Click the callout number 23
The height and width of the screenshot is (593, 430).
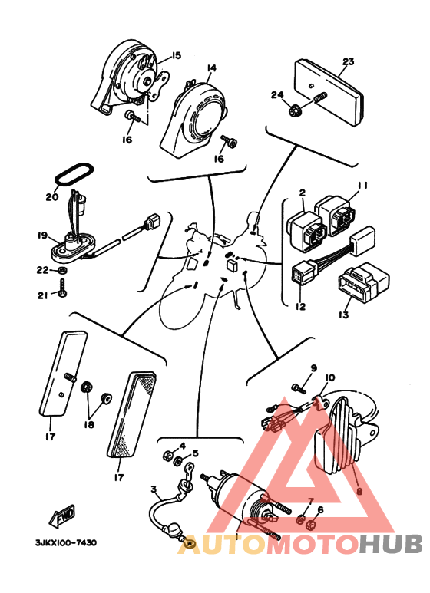click(349, 61)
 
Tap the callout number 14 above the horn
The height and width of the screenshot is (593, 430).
click(212, 68)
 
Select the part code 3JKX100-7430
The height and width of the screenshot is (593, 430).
click(66, 542)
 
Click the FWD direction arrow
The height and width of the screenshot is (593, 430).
click(62, 516)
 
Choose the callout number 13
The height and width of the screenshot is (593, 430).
click(344, 315)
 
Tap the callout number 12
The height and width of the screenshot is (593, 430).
click(301, 306)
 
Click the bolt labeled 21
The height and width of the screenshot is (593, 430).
click(62, 288)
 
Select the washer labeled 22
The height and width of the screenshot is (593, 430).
click(63, 270)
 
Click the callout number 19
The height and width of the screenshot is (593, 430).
click(42, 236)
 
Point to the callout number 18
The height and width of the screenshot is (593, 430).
click(89, 425)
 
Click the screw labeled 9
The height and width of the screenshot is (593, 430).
click(299, 388)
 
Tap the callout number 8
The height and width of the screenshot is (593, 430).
click(359, 492)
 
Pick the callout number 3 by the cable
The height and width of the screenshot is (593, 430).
click(154, 489)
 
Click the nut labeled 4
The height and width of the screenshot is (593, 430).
click(167, 456)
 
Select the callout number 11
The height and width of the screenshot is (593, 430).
click(362, 186)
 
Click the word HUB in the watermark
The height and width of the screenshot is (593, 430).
click(391, 544)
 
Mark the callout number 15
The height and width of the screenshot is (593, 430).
click(176, 55)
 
